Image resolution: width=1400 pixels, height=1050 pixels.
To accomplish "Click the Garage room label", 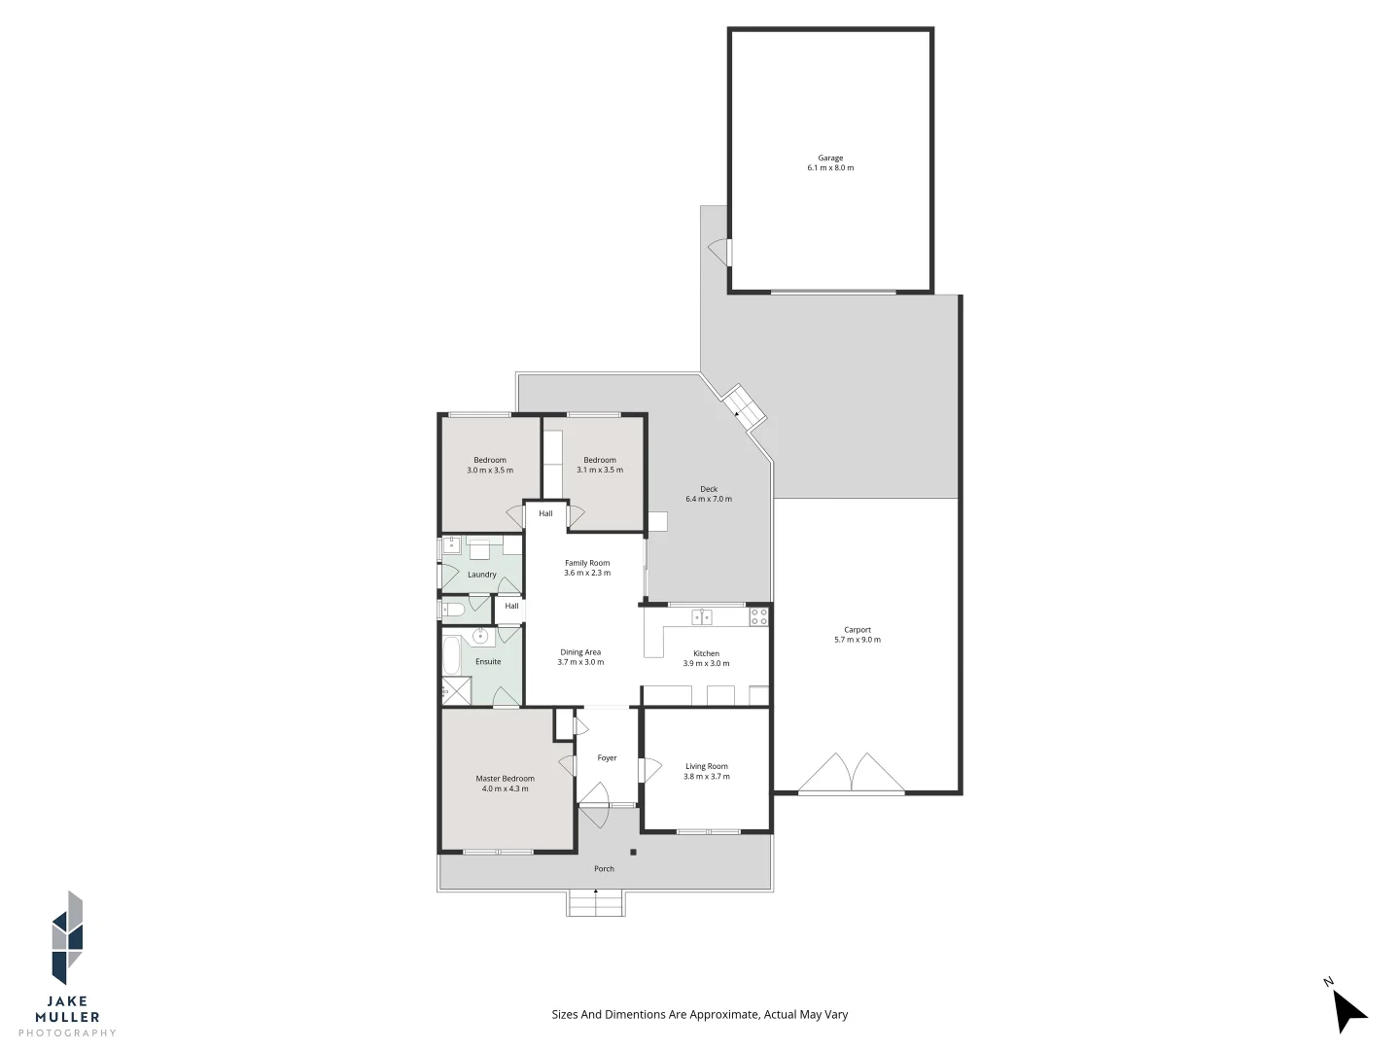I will tap(829, 157).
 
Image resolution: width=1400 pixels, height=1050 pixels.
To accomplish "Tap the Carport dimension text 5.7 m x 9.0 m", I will tap(857, 640).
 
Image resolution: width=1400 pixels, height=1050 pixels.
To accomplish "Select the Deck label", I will tap(709, 489).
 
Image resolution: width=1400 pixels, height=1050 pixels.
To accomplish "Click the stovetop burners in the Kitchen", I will tap(758, 616).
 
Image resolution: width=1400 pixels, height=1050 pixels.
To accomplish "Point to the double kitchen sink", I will tap(702, 616).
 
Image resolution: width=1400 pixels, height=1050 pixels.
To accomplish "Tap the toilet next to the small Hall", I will tap(453, 610).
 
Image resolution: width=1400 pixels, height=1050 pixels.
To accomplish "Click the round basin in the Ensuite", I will tap(480, 637).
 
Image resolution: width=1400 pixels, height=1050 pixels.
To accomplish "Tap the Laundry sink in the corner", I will tap(452, 544).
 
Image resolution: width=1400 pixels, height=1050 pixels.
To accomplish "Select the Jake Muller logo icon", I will tap(67, 937).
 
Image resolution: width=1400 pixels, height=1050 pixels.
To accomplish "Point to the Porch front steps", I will tap(595, 904).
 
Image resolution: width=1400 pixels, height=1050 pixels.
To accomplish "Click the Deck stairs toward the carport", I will tap(744, 407).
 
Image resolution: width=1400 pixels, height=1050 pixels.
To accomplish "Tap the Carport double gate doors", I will tap(852, 774).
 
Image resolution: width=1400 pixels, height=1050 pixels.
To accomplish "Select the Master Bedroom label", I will tap(505, 778).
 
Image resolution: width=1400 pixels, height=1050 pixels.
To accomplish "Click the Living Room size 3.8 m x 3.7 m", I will tap(706, 777).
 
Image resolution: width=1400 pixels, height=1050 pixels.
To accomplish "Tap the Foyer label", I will tap(607, 758).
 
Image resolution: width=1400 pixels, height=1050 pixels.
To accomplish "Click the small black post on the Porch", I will tap(633, 853).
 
